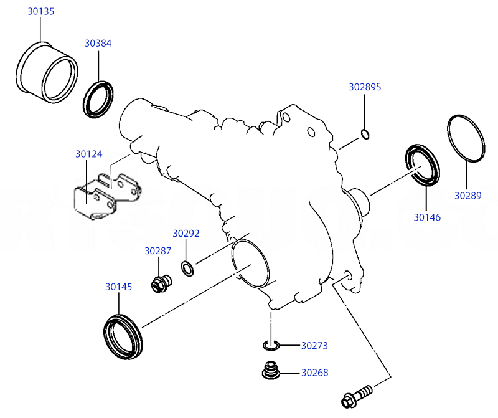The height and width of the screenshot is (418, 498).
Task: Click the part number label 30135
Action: coord(40,11)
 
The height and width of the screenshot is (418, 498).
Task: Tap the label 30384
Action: coord(98,44)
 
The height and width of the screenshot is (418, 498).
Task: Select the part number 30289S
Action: coord(364,87)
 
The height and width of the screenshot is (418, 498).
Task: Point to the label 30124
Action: coord(89,154)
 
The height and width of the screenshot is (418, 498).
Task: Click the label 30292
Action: coord(186,234)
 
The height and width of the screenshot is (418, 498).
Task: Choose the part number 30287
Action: coord(158,251)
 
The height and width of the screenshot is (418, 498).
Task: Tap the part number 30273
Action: coord(314,345)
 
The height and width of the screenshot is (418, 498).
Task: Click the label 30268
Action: coord(314,373)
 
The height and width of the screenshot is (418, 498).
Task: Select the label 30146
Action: coord(427,217)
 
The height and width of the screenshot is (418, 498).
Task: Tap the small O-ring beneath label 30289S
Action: coord(365,133)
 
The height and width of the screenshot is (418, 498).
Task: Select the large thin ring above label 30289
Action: coord(466,138)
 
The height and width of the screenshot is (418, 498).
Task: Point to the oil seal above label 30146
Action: coord(423,165)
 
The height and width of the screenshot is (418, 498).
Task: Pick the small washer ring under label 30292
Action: coord(187,268)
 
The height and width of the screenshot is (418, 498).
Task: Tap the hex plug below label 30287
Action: coord(161,283)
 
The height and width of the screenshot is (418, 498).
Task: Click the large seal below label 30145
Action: coord(123,336)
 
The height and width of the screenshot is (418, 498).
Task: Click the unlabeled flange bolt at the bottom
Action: coord(357,395)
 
